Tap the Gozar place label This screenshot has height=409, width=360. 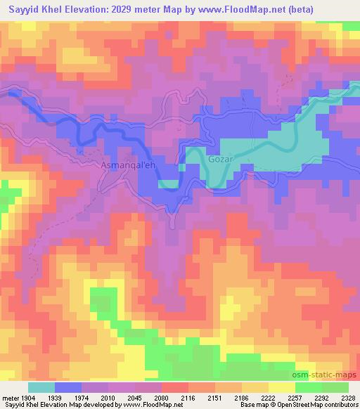tap(219, 160)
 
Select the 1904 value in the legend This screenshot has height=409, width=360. tap(32, 398)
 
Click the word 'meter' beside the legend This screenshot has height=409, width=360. tap(11, 398)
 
